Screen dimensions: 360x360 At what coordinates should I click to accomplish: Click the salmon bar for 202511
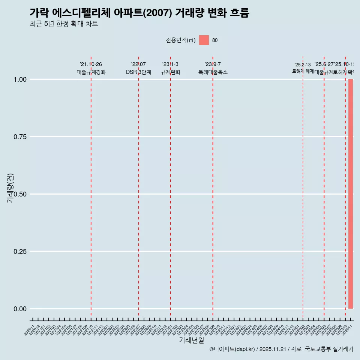tap(351, 194)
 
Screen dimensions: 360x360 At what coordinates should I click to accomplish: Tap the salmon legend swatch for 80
tap(204, 40)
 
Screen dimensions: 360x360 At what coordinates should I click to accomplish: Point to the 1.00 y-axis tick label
tap(19, 79)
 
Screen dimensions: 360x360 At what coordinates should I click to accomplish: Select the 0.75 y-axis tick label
tap(19, 137)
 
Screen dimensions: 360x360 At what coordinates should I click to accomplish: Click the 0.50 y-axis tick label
tap(19, 194)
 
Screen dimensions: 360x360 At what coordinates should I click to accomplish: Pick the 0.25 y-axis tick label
tap(19, 252)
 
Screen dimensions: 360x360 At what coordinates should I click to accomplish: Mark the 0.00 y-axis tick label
tap(19, 309)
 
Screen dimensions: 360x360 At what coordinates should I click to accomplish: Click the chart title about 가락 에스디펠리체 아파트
tap(139, 13)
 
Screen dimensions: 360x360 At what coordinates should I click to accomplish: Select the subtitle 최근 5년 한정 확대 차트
tap(64, 24)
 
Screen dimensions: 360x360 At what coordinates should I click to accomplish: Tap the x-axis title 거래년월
tap(192, 340)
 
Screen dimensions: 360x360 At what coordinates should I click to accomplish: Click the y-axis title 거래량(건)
tap(10, 188)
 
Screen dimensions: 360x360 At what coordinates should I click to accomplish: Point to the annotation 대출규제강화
tap(91, 72)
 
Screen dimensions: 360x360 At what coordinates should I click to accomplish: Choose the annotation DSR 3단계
tap(139, 72)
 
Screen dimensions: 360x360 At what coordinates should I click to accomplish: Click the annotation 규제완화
tap(171, 72)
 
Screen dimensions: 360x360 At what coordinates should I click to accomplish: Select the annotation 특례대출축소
tap(213, 72)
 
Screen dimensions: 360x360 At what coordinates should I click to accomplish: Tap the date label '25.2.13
tap(303, 65)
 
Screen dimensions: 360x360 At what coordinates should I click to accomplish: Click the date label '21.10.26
tap(91, 64)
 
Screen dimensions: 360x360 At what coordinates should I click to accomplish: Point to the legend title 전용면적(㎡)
tap(181, 40)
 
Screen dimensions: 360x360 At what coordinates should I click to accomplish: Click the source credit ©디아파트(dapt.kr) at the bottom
tap(232, 349)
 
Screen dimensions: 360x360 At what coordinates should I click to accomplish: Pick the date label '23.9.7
tap(213, 64)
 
